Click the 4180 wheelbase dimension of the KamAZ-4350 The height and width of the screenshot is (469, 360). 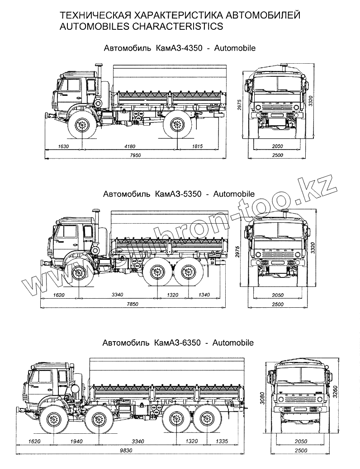(x=130, y=146)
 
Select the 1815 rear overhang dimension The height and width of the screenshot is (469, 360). (x=197, y=146)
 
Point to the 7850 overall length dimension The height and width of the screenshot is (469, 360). (x=133, y=304)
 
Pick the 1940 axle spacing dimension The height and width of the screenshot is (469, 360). (x=77, y=441)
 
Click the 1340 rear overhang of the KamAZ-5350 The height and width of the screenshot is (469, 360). (x=204, y=295)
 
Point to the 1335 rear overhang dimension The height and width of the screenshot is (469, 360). (x=222, y=441)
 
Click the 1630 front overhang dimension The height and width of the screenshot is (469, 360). (x=63, y=146)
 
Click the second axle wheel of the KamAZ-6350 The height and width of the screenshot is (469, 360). (x=98, y=420)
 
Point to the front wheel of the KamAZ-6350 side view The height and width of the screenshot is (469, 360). (x=53, y=420)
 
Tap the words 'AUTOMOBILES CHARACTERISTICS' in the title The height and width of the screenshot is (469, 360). (x=142, y=26)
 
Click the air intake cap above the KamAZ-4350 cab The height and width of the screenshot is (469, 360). (x=99, y=65)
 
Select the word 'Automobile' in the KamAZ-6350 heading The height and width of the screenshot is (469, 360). (x=233, y=342)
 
